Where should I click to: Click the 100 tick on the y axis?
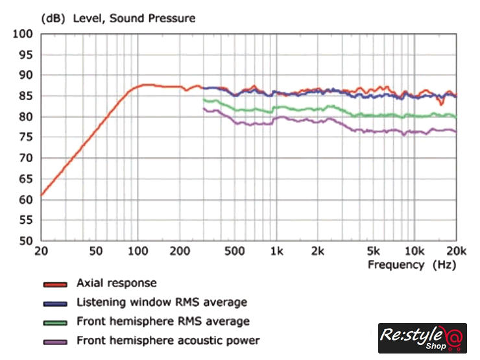[x=23, y=34]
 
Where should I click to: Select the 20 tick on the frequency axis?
[x=42, y=250]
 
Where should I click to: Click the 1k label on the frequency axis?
[x=277, y=250]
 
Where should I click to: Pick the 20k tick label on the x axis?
[x=457, y=250]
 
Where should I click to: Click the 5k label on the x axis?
[x=372, y=250]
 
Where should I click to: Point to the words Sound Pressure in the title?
[x=152, y=18]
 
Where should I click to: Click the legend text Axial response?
[x=116, y=283]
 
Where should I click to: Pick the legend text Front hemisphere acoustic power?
[x=168, y=341]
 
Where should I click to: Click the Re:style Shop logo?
[x=422, y=338]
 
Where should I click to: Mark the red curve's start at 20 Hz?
[x=42, y=195]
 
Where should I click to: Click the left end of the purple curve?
[x=204, y=108]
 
